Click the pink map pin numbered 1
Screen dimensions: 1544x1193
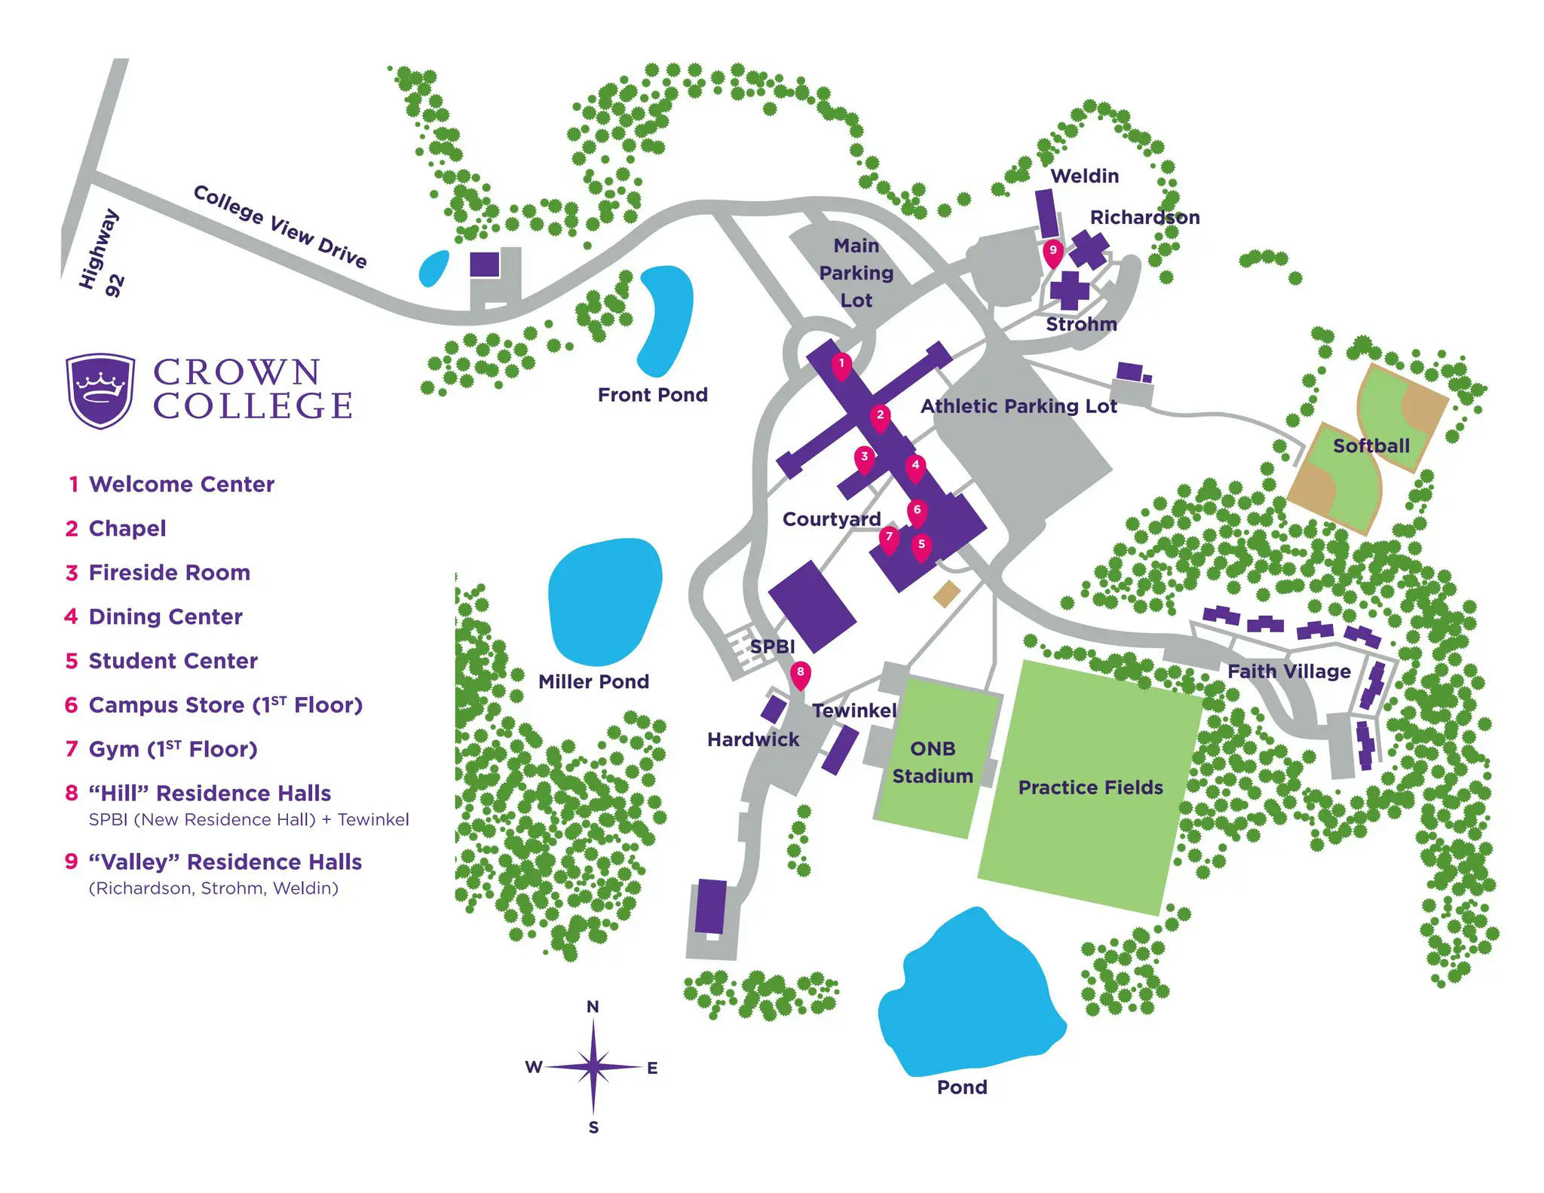[x=841, y=366]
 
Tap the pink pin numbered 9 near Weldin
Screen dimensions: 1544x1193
[x=1053, y=252]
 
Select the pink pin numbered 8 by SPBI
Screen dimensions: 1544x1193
[x=800, y=674]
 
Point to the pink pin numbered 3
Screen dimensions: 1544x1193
[x=864, y=458]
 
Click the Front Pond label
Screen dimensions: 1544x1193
[x=652, y=395]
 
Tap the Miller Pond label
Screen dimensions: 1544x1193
[x=593, y=682]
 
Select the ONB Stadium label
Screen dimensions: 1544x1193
[x=933, y=762]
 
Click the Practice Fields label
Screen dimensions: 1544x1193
[x=1090, y=788]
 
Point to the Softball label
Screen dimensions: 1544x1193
[x=1371, y=446]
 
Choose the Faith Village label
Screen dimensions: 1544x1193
[x=1288, y=671]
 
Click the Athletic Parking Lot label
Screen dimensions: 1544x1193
[x=1019, y=406]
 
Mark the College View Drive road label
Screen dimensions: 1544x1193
[x=280, y=226]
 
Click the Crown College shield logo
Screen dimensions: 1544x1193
[x=100, y=391]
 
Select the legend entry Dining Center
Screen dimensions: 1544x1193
[x=165, y=617]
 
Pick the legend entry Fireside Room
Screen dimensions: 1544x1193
[x=169, y=573]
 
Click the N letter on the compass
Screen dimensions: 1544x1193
[x=593, y=1007]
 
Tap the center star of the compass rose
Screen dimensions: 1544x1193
[x=593, y=1066]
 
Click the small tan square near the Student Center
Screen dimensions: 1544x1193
[x=947, y=594]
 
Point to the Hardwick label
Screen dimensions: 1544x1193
[x=752, y=740]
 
